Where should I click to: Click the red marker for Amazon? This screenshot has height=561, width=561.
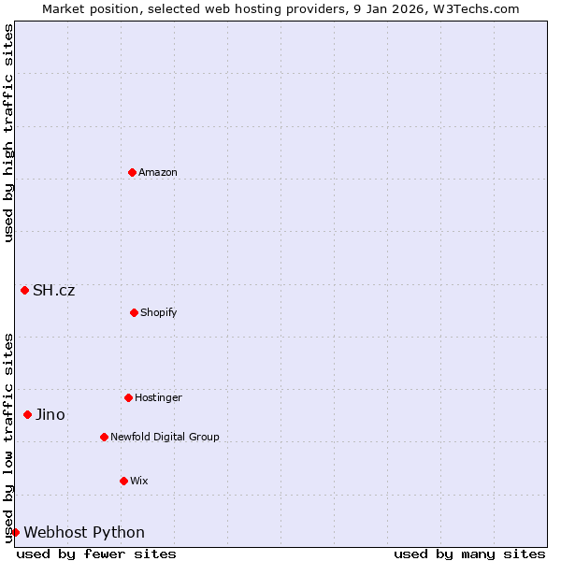point(132,172)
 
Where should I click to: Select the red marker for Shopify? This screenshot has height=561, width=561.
point(134,312)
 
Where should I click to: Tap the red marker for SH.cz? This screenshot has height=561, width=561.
point(24,290)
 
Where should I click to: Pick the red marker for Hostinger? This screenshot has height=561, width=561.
point(128,397)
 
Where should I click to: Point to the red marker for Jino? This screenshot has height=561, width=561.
point(27,414)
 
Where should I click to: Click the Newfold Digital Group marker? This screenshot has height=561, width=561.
point(104,437)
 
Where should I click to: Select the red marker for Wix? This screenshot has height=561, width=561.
point(123,481)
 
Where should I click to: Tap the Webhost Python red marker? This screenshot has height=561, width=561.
point(15,532)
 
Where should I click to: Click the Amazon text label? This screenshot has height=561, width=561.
point(158,172)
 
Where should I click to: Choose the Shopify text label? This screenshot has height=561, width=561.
point(159,312)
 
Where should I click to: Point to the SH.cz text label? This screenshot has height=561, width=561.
point(53,290)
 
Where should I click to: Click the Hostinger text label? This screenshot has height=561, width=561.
point(158,397)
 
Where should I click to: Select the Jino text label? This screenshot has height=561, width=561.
point(50,414)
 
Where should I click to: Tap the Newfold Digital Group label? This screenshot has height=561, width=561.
point(165,437)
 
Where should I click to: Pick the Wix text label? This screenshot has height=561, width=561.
point(138,481)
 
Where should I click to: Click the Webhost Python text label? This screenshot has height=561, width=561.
point(84,532)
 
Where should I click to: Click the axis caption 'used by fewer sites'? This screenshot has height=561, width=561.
point(96,554)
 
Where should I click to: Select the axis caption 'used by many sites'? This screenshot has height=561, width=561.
point(469,554)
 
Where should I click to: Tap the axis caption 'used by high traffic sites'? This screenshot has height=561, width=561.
point(8,133)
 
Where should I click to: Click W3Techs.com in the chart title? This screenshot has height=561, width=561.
point(476,8)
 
